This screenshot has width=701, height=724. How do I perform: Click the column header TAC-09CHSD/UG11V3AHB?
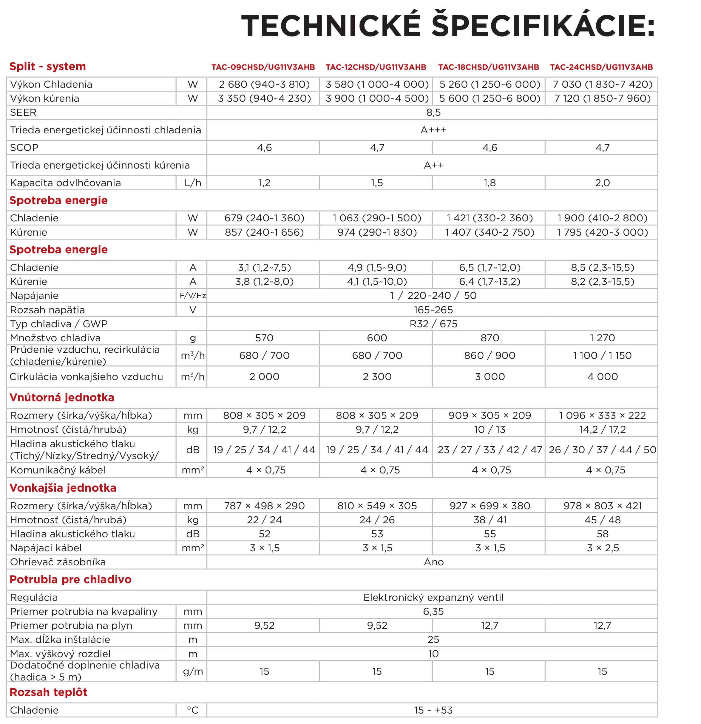[263, 67]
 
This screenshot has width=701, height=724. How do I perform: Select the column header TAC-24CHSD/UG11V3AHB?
[601, 67]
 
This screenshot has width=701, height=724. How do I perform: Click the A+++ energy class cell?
[433, 130]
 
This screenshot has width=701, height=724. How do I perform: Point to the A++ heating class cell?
[433, 165]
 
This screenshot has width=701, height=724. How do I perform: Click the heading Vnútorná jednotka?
[62, 397]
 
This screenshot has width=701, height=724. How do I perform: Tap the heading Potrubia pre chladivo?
[70, 579]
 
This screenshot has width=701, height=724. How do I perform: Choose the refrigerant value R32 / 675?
[433, 324]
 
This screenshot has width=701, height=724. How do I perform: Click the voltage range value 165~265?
[433, 310]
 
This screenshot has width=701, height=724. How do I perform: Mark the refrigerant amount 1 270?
[602, 338]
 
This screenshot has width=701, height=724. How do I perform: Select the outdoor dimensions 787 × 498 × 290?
[264, 506]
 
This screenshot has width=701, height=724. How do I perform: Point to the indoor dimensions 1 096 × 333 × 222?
[602, 416]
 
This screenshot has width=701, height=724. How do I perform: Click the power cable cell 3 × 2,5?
[602, 548]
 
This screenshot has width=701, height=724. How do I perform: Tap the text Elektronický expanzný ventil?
[433, 597]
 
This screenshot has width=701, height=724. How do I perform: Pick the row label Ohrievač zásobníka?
[58, 562]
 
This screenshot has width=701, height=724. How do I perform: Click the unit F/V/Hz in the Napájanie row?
[192, 296]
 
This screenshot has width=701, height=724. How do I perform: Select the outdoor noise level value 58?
[602, 534]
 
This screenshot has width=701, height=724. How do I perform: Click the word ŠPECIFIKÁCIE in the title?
[543, 26]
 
